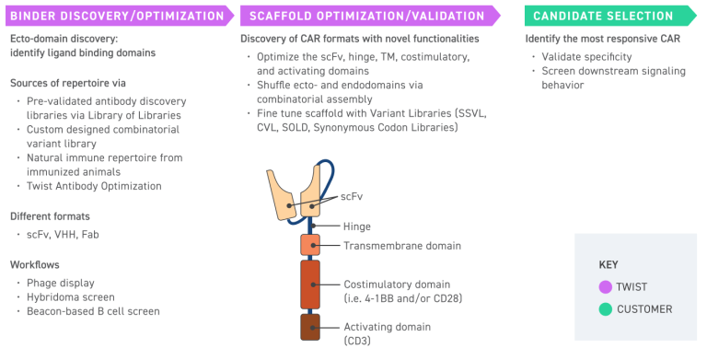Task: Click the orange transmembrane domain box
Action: coord(309,245)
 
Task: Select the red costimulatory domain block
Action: coord(309,284)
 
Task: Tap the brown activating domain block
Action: coord(309,327)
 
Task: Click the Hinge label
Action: coord(358,226)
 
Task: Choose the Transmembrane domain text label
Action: coord(401,246)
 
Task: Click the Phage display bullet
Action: coord(61,283)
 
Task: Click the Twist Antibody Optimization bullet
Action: coord(95,186)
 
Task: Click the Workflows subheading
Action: coord(35,264)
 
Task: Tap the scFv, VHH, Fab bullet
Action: coord(64,235)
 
